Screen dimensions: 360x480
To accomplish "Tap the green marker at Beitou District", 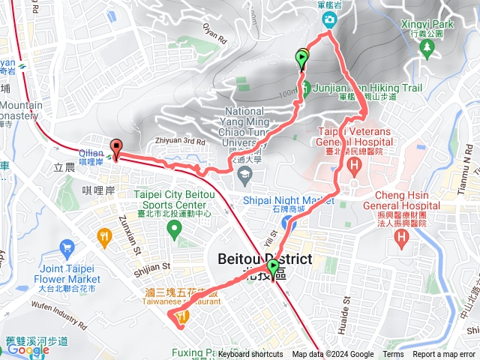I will tap(272, 268).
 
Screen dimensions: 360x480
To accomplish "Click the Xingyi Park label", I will tap(427, 24).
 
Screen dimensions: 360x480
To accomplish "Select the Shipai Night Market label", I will tap(289, 200).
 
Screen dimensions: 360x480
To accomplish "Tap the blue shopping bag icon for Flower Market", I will tap(66, 246).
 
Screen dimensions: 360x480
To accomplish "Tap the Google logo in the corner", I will tap(28, 349).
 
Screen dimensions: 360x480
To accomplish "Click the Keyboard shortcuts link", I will tap(251, 355).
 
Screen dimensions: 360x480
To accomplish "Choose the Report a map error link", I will tap(444, 355).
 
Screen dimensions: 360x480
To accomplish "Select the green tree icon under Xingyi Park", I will tap(428, 49).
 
